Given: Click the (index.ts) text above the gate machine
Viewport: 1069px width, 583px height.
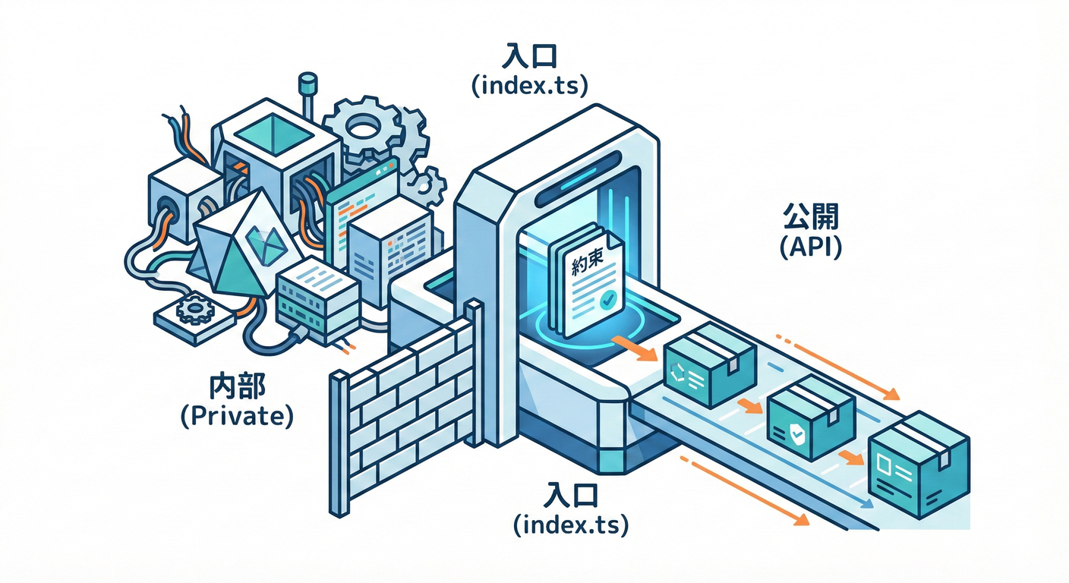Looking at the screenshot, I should coord(529,86).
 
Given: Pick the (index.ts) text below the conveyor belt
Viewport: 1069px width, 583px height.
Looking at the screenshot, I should coord(571,525).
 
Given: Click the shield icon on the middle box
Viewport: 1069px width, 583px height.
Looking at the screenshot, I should coord(793,433).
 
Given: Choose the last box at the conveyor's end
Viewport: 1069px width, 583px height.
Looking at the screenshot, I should coord(916,466).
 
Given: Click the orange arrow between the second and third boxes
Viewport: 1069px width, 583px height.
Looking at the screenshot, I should coord(851,458).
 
